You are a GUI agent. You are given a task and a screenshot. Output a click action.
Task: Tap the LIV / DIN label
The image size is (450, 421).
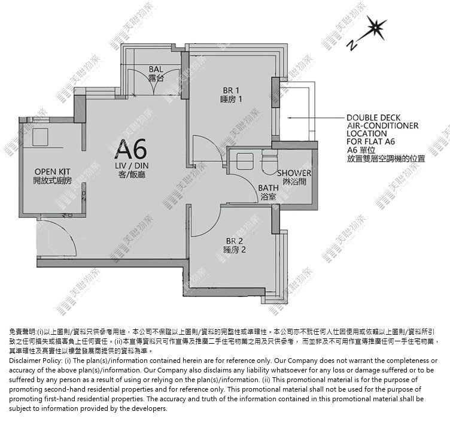tap(132, 166)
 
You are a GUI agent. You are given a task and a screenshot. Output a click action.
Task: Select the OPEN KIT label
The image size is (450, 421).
tap(52, 172)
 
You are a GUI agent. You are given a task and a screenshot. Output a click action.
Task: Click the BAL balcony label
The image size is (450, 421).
tap(156, 69)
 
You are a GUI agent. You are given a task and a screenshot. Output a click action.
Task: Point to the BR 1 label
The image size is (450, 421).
tap(231, 90)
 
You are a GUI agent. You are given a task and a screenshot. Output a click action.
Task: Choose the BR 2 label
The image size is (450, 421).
tap(235, 241)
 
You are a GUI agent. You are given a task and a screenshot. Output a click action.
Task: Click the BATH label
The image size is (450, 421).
tap(268, 188)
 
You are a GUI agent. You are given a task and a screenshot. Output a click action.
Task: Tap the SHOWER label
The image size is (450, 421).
tap(294, 173)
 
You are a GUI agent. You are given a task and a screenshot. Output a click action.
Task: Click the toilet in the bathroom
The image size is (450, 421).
tap(270, 163)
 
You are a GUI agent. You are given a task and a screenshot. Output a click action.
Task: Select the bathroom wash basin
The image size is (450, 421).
tap(245, 161)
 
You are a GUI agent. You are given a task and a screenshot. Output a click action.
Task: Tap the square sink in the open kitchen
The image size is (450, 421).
tap(40, 137)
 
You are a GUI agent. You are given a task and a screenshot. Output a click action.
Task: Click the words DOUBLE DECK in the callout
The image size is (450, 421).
tap(373, 118)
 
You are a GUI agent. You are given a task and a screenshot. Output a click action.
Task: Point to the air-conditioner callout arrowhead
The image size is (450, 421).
tap(290, 118)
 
